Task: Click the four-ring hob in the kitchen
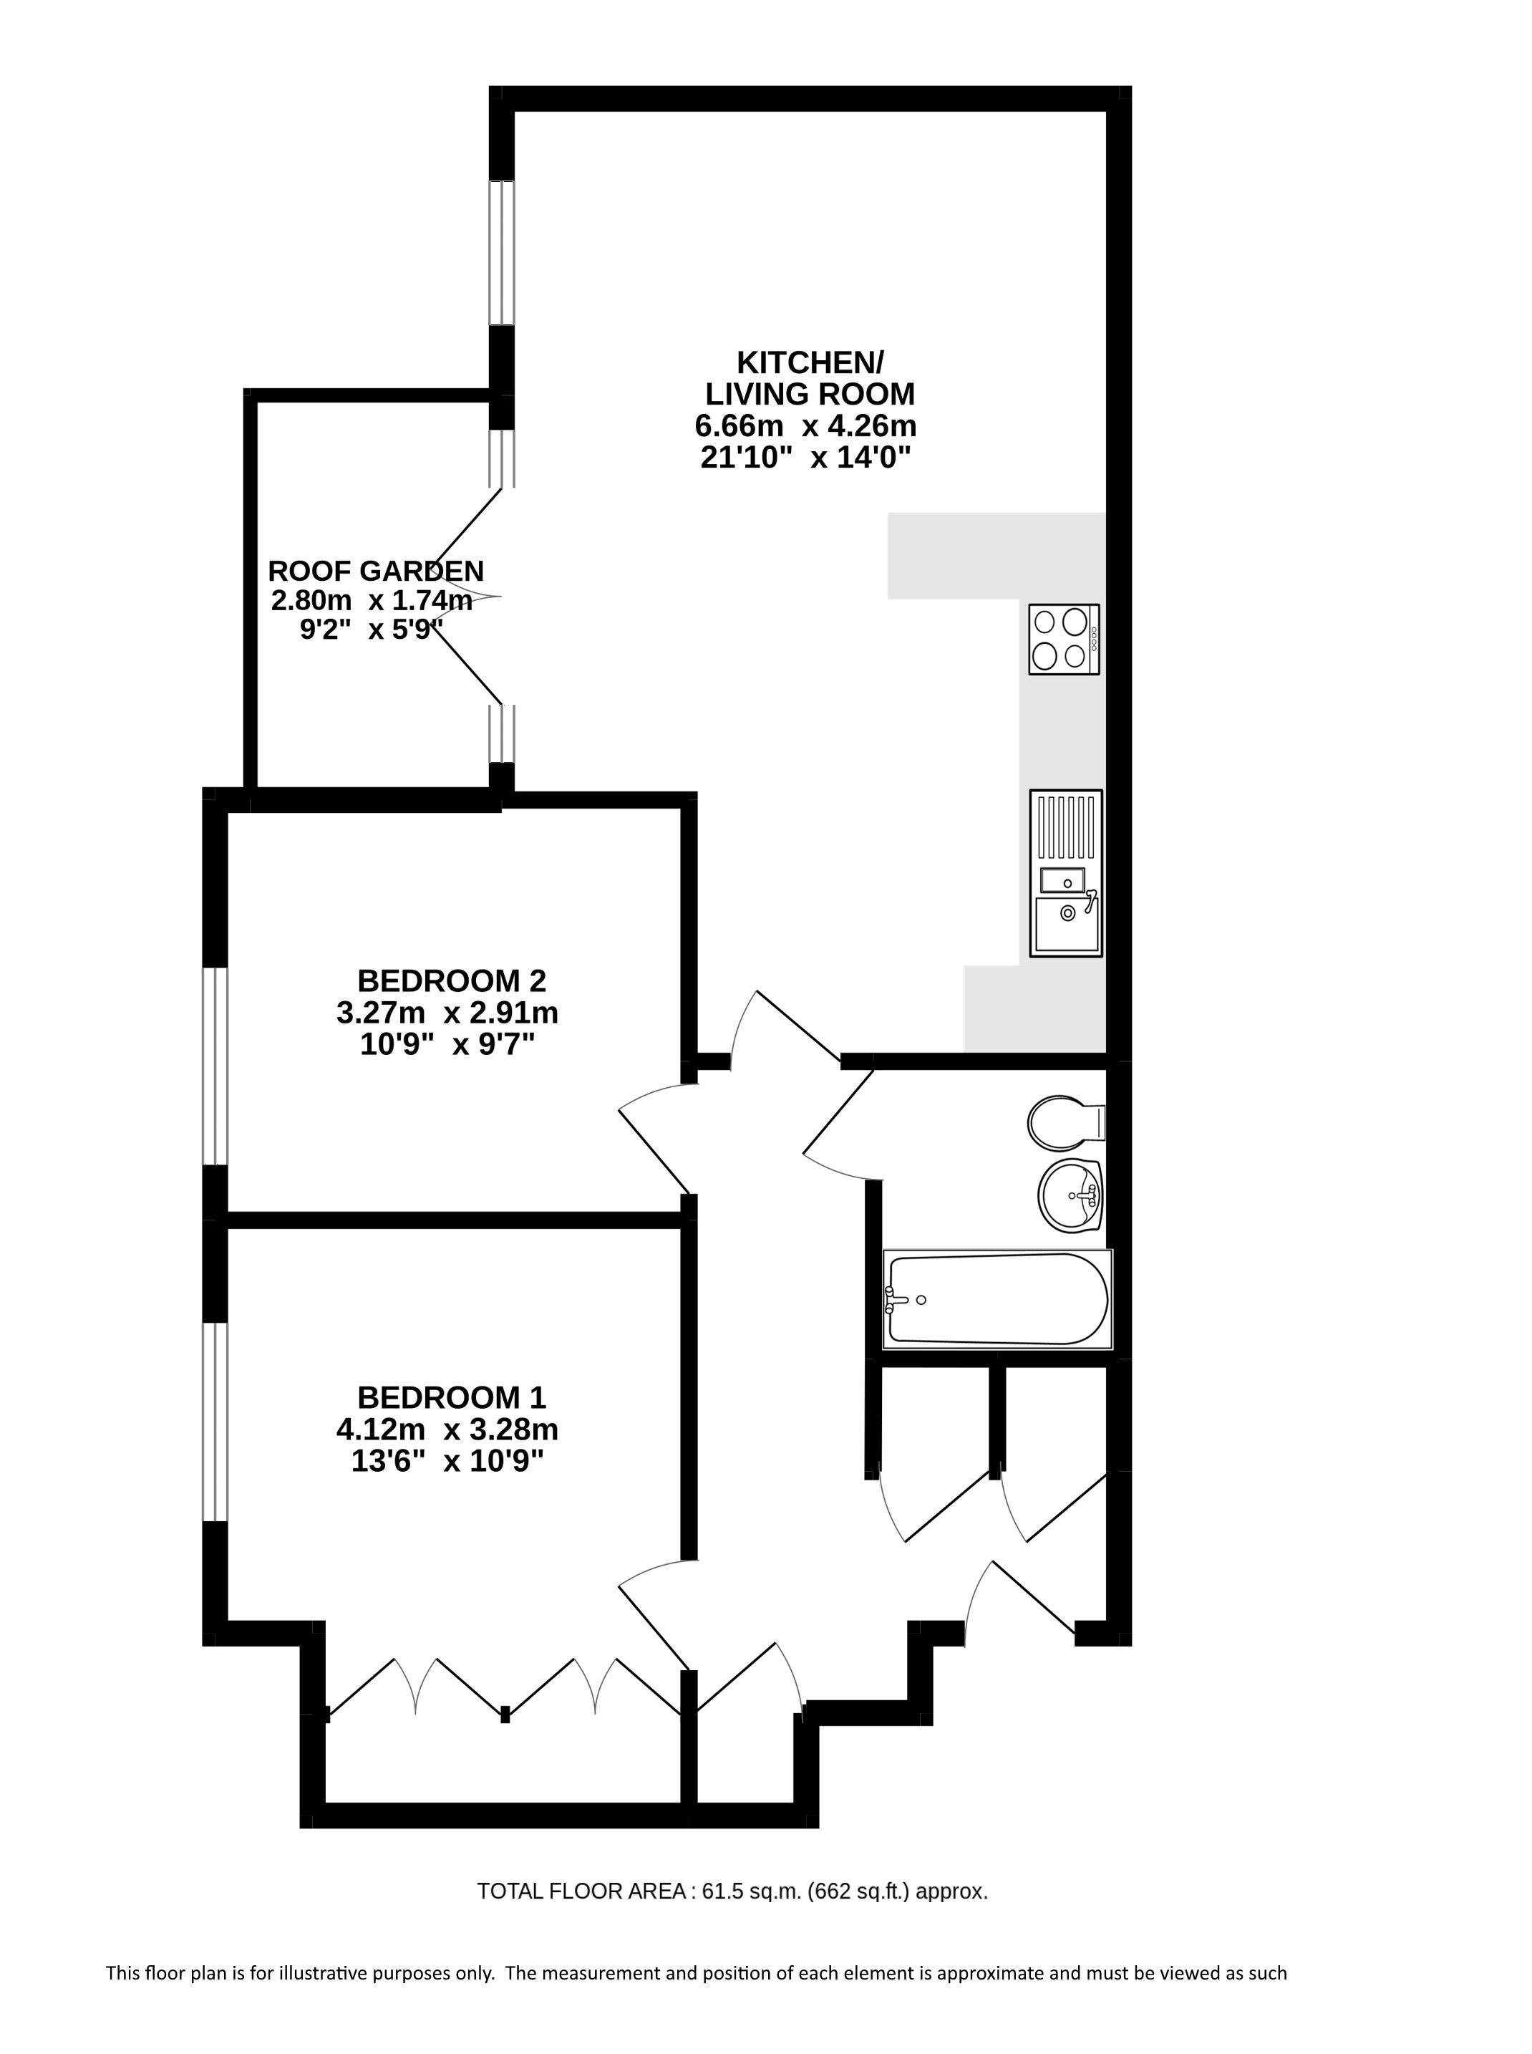point(1064,640)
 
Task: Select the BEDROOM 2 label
point(452,980)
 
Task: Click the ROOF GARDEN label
point(376,571)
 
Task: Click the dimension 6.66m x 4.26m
point(806,427)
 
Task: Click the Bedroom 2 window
point(215,1067)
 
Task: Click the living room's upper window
point(502,252)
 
